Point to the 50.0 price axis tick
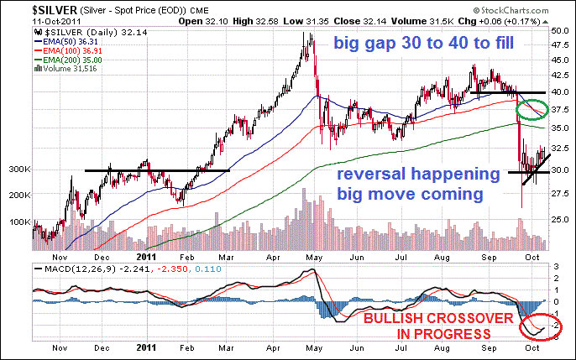point(560,29)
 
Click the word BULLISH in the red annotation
point(391,321)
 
